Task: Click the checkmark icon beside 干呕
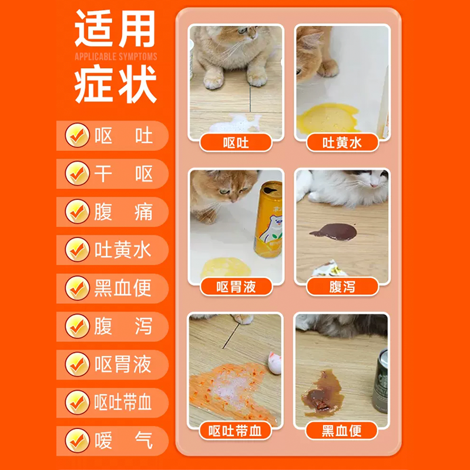[78, 173]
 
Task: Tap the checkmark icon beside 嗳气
[78, 441]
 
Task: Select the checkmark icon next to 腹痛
[78, 211]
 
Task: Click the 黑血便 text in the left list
[123, 288]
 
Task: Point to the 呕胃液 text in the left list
[123, 364]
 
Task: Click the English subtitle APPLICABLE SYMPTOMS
[116, 56]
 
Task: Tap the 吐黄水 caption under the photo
[343, 143]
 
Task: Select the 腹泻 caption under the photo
[343, 287]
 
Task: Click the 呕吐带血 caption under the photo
[236, 431]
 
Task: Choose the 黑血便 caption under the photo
[342, 431]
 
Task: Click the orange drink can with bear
[268, 219]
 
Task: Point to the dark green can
[380, 381]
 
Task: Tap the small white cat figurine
[274, 362]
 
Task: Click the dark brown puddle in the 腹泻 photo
[334, 232]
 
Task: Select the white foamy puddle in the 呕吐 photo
[236, 123]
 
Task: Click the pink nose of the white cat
[374, 185]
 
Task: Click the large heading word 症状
[116, 83]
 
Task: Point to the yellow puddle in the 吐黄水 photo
[328, 119]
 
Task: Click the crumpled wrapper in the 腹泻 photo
[329, 269]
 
